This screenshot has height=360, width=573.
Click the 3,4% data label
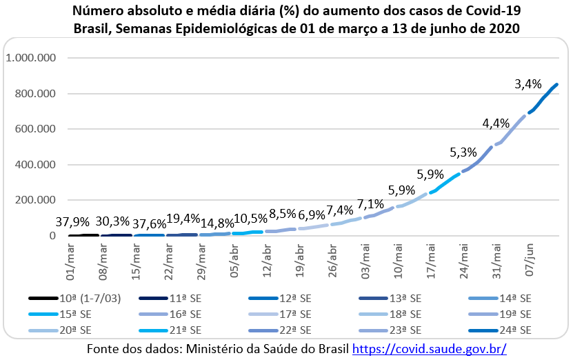[x=528, y=85]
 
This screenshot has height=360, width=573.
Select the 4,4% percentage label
[x=496, y=123]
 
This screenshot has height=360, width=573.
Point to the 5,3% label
[x=463, y=152]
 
